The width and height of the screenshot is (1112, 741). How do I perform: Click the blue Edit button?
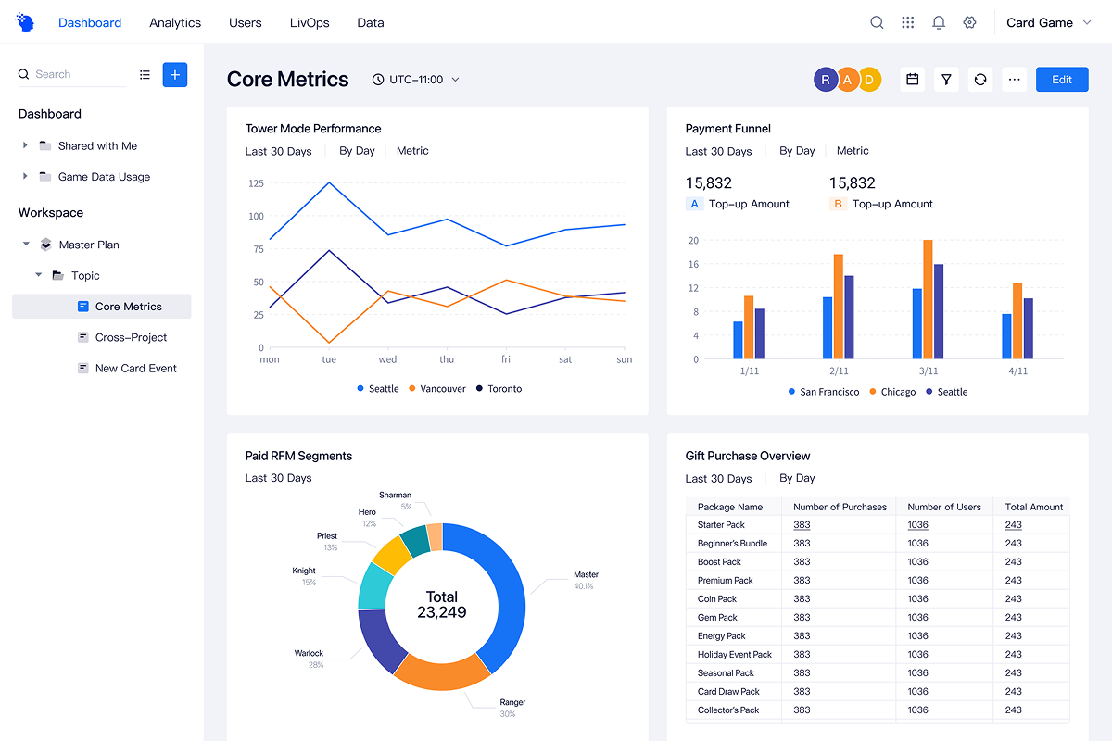[1062, 80]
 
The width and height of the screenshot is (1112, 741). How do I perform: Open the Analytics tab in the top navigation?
[175, 22]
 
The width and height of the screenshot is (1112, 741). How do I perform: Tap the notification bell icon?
[939, 22]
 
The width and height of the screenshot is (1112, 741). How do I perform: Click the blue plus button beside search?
[175, 74]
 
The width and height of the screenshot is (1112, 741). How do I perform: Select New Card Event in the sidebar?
[135, 368]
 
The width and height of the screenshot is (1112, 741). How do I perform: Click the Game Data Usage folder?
[104, 177]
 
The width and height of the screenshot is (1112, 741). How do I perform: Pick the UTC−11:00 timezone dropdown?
[416, 80]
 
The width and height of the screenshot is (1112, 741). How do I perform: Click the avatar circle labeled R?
[825, 80]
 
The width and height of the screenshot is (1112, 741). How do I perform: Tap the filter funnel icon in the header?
[946, 80]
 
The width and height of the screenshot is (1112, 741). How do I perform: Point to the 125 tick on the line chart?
[255, 183]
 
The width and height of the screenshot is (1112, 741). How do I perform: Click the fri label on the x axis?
[506, 359]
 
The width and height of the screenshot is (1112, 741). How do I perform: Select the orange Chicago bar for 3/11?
[928, 299]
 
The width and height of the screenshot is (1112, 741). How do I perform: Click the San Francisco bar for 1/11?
[738, 340]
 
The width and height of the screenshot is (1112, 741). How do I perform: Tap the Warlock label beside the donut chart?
[309, 653]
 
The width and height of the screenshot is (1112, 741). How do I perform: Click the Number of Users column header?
[943, 507]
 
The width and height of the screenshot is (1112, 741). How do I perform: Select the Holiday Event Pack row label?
[734, 654]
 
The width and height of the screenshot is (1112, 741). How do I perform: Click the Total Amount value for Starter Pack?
[1013, 525]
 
